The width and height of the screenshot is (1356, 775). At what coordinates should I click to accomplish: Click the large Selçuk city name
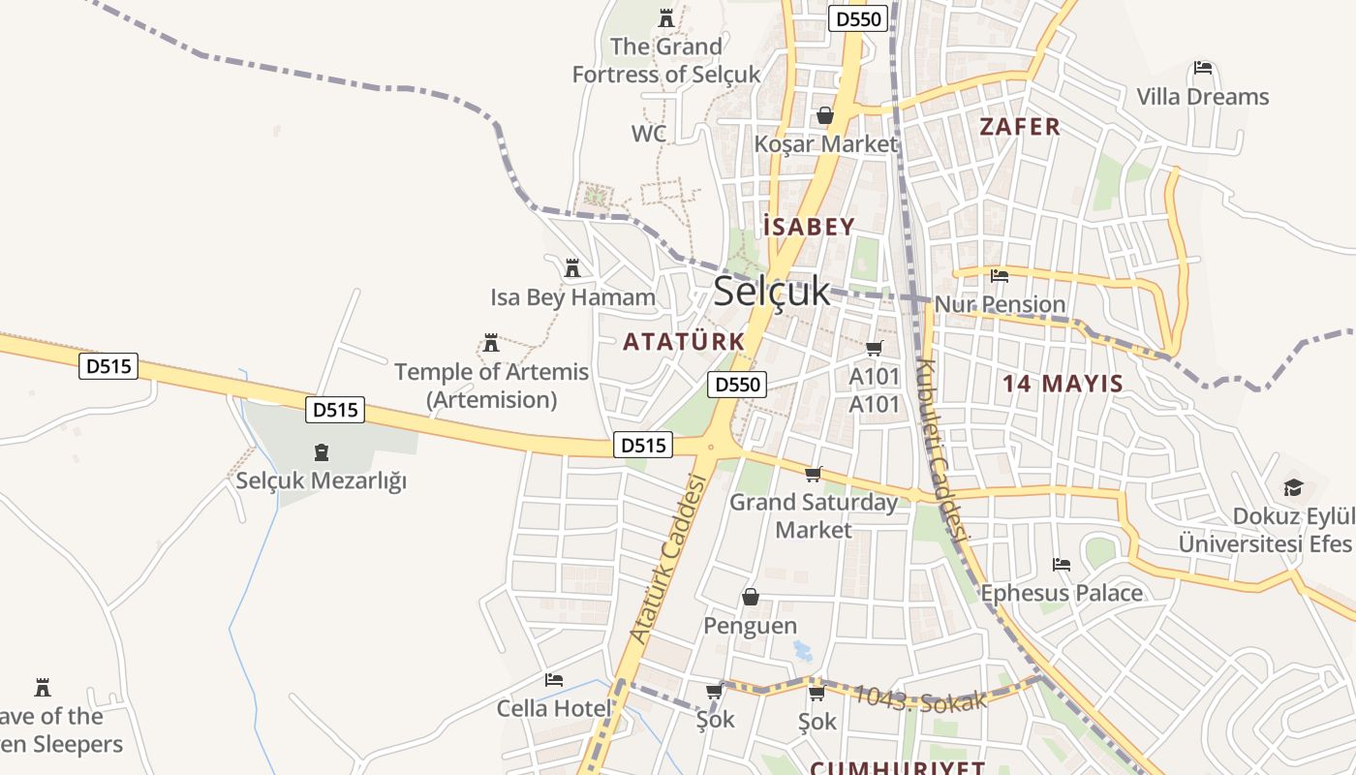772,291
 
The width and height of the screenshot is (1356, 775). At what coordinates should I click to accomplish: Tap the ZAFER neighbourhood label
1020,127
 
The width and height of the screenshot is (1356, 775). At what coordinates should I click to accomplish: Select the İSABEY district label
809,228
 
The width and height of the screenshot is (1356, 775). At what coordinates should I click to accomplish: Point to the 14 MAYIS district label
1063,384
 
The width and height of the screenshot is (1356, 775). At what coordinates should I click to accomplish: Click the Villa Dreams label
1202,97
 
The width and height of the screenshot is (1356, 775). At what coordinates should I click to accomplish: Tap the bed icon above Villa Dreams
1203,69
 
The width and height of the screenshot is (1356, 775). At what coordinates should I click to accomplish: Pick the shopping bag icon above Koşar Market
825,116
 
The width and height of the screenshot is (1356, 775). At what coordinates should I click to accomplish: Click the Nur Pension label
1000,304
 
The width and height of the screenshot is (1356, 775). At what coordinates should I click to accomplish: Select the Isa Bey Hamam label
572,297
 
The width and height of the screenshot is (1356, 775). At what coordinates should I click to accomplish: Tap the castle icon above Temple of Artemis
491,343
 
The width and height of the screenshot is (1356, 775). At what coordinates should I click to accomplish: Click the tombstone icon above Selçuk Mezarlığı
322,452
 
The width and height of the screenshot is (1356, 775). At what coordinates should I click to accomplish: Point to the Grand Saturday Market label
814,515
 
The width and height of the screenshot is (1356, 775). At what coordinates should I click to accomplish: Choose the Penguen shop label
750,626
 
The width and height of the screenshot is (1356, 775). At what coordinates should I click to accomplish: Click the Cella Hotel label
554,708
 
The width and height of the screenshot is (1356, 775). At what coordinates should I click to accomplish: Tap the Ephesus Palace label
1062,593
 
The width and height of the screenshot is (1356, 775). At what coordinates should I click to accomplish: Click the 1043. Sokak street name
919,698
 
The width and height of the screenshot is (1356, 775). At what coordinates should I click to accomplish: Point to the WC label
649,134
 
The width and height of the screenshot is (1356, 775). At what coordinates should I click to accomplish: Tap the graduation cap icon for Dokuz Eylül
1292,487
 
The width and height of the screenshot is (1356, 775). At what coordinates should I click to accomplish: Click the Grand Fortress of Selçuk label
666,60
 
